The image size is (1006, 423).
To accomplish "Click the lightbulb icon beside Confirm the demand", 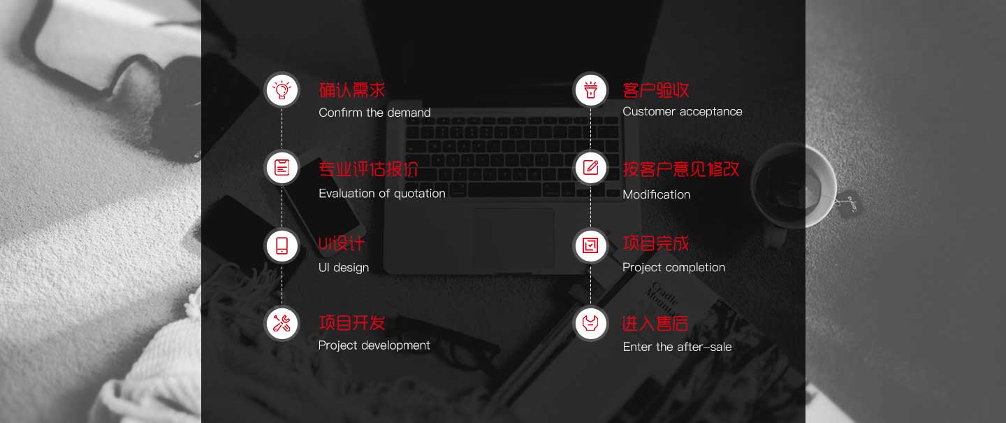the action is tap(282, 90).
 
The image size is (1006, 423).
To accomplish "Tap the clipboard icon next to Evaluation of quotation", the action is tap(282, 168).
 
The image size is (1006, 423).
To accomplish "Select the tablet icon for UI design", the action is tap(282, 246).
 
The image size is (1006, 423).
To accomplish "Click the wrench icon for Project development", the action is tap(282, 324).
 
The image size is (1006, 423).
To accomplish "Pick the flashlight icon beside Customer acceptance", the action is tap(590, 90).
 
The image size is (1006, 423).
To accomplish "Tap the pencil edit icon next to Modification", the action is tap(590, 168).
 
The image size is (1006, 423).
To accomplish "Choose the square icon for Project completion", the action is tap(590, 245).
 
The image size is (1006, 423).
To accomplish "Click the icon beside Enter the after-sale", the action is tap(590, 323).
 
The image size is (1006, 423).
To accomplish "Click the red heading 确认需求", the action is tap(352, 90).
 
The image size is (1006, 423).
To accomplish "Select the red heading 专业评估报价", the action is tap(368, 169).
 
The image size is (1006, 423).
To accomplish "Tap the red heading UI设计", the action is tap(341, 243).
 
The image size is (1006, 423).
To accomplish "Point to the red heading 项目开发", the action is tap(352, 323).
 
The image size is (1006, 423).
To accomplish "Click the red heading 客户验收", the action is tap(656, 90).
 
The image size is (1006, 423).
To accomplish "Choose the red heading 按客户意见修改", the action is tap(681, 169).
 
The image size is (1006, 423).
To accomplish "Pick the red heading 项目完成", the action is tap(656, 243).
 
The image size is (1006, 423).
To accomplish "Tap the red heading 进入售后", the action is tap(655, 323).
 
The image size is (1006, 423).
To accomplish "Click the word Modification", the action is tap(657, 194).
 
